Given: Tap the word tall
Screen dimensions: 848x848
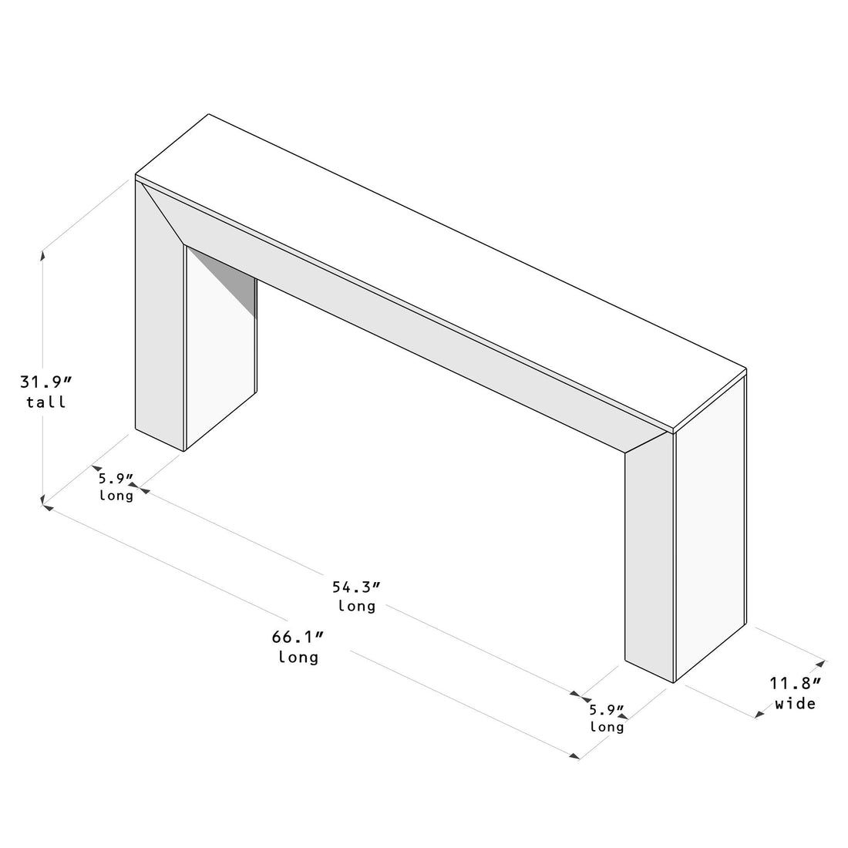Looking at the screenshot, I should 45,402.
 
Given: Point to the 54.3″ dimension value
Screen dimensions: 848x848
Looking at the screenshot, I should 356,587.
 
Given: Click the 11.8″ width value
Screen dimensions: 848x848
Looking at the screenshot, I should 795,683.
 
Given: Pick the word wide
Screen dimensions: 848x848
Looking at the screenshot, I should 795,703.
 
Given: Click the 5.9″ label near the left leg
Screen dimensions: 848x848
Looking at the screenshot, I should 116,478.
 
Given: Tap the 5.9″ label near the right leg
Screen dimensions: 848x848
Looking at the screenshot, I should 607,708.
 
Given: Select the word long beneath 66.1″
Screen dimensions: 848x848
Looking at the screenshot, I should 298,658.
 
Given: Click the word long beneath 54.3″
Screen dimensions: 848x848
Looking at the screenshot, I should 357,606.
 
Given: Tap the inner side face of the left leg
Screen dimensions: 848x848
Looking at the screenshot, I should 220,355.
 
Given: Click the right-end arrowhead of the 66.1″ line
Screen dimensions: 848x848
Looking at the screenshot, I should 574,756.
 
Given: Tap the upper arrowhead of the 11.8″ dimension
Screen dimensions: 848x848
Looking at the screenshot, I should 821,662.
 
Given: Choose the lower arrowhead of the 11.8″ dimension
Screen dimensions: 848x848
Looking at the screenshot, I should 760,714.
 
